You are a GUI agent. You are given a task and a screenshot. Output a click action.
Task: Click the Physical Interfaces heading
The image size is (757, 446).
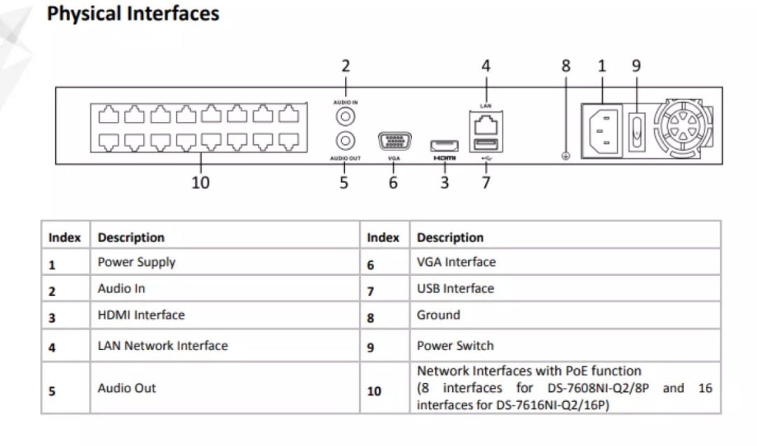(133, 14)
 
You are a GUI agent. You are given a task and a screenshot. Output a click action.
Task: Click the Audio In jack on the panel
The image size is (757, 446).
(345, 115)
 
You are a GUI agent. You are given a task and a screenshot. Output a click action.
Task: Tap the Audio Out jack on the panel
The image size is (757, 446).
(345, 141)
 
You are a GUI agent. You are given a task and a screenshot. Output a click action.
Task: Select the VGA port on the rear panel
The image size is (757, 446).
(395, 141)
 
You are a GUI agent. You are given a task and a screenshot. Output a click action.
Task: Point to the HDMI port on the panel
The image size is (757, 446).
(444, 146)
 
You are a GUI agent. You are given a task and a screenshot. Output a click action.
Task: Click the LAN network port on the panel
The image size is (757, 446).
(486, 125)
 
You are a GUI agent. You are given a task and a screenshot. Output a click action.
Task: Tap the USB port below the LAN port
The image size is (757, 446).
(486, 144)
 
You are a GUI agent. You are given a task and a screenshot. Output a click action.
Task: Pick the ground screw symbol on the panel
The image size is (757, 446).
(566, 156)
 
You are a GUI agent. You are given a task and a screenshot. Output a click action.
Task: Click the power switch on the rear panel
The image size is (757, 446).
(636, 130)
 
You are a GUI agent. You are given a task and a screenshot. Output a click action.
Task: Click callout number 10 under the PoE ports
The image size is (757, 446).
(200, 183)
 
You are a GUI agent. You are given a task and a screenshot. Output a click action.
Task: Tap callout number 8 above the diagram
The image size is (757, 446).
(566, 67)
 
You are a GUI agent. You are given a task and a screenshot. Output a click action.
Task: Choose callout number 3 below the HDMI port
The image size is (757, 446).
(444, 183)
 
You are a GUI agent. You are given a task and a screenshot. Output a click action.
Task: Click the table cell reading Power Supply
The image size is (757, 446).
(137, 263)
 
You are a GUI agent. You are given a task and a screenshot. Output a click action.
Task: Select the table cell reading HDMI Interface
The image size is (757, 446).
(141, 315)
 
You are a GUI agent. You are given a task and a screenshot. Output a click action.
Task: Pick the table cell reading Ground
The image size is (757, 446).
(439, 315)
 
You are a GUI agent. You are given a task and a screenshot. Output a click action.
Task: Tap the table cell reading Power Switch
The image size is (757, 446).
(455, 346)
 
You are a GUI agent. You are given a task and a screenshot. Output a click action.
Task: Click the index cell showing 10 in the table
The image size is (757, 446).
(374, 391)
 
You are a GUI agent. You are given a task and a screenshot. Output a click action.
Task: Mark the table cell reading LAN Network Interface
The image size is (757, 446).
(163, 346)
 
